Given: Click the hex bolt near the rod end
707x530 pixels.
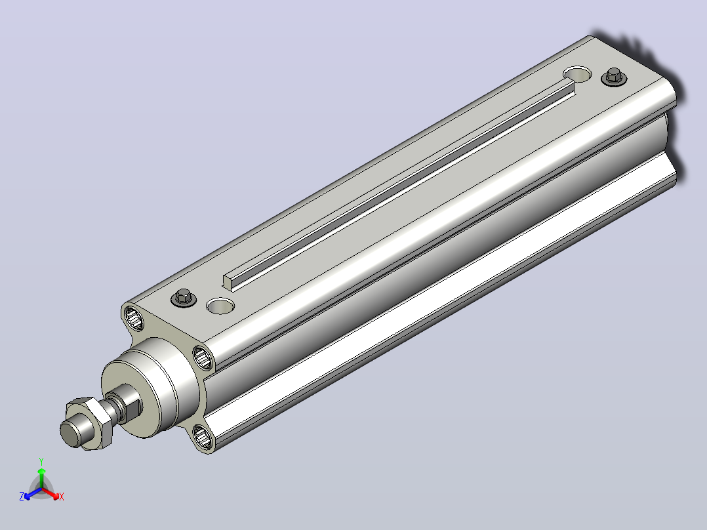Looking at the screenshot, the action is point(184,298).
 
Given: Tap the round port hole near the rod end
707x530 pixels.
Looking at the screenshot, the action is point(220,306).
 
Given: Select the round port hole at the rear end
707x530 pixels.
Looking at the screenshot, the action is point(578,74).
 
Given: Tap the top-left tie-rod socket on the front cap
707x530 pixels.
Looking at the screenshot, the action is point(134,317).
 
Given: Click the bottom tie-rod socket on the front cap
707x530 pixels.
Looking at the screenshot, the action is point(203,437).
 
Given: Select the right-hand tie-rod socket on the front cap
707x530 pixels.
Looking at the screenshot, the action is point(203,357).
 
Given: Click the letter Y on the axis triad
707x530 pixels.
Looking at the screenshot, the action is point(41,461).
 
